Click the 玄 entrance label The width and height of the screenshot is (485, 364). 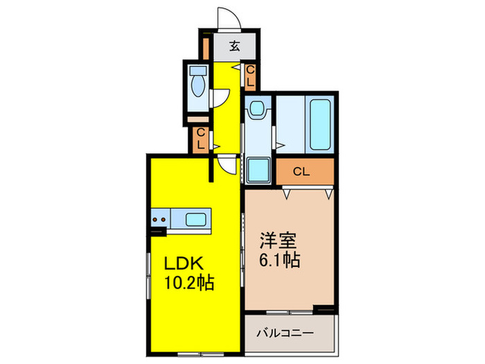click(x=234, y=47)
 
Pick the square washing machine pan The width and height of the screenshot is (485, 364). click(x=258, y=168)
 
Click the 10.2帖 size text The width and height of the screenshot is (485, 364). click(x=188, y=282)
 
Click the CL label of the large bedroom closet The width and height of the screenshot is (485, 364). click(x=301, y=171)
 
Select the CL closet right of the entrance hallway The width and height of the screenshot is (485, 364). click(x=250, y=76)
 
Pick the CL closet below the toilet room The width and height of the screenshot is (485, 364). click(x=200, y=139)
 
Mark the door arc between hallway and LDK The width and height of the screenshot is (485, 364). click(x=226, y=166)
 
